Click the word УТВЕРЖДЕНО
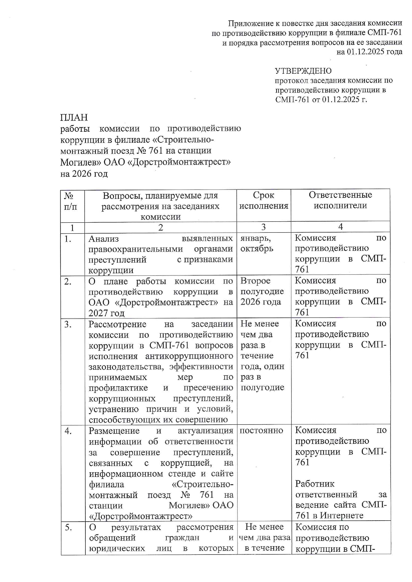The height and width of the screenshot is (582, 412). point(303,71)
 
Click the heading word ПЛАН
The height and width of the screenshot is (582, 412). point(74,117)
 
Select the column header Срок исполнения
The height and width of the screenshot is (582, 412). point(263,200)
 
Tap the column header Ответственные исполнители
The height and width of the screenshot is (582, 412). point(340,200)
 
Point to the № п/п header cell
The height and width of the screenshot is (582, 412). point(70,201)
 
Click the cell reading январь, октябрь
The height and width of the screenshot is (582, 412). point(257,243)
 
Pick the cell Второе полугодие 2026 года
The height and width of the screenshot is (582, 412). point(262,291)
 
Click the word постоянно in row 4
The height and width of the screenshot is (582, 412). point(261,431)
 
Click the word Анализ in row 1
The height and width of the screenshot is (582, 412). point(103,238)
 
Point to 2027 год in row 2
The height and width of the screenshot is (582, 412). point(106,313)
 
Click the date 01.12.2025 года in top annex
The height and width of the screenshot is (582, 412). point(369,52)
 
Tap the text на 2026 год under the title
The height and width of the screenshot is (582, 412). point(84,174)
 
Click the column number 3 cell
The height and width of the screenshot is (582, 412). point(263,227)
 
